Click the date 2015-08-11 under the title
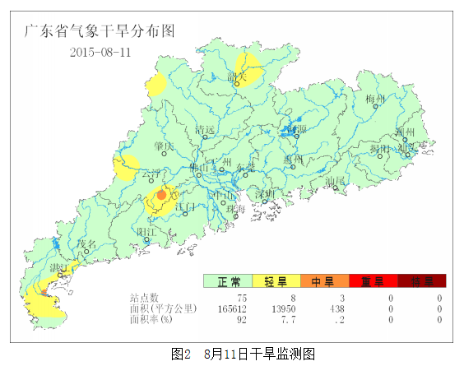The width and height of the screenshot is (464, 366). point(101,52)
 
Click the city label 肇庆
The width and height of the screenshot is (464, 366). point(164,146)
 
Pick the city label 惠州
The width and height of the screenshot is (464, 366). point(294,159)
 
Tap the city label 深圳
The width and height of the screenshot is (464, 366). point(265,195)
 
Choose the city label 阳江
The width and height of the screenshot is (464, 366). point(146,232)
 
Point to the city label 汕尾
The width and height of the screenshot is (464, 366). point(334,181)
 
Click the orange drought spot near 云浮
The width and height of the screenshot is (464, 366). point(161,196)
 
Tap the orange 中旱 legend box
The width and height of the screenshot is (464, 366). point(324,281)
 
